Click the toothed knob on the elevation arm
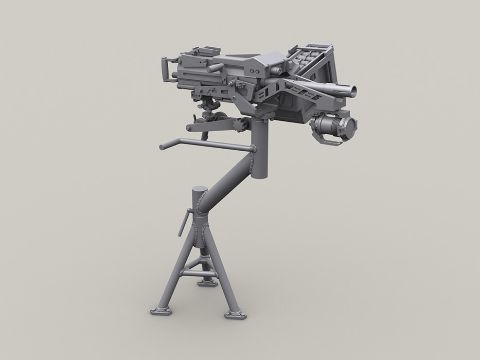tap(240, 124)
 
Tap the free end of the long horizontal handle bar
tap(162, 147)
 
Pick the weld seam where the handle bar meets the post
tap(253, 149)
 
